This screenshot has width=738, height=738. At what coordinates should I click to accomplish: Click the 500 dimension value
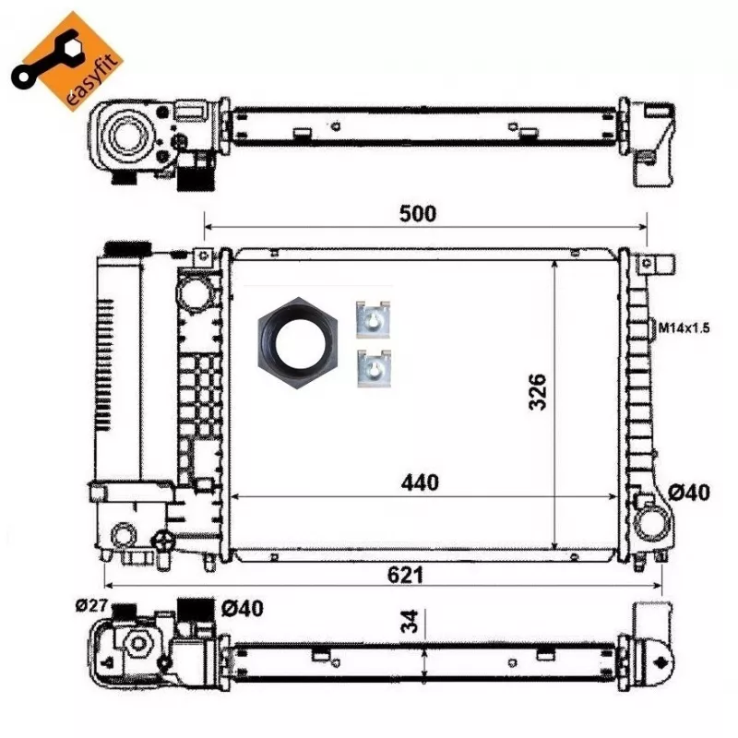[x=418, y=214]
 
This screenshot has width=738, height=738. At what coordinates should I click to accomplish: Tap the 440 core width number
[x=420, y=482]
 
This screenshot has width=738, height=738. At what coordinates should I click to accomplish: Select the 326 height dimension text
[x=538, y=392]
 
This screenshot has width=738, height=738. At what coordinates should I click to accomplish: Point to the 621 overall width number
[x=405, y=575]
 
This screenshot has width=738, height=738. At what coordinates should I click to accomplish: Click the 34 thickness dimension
[x=410, y=621]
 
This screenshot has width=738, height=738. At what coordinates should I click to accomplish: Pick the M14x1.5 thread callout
[x=684, y=327]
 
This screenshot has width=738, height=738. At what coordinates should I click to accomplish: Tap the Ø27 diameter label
[x=91, y=605]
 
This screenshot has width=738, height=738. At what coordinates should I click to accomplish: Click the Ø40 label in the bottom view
[x=243, y=609]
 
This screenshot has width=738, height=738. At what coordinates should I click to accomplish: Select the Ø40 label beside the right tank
[x=689, y=493]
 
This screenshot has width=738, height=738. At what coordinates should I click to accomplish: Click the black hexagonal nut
[x=298, y=343]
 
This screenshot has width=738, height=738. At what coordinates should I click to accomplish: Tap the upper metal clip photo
[x=373, y=319]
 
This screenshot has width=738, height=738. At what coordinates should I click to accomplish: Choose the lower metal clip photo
[x=374, y=368]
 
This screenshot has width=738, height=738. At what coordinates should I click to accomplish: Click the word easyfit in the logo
[x=92, y=79]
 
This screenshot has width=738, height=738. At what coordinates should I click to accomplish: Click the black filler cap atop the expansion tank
[x=127, y=248]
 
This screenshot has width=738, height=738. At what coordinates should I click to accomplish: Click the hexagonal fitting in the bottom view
[x=137, y=644]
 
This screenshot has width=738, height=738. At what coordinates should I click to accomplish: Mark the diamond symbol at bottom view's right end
[x=661, y=662]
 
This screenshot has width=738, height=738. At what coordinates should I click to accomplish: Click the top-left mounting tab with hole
[x=203, y=256]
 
